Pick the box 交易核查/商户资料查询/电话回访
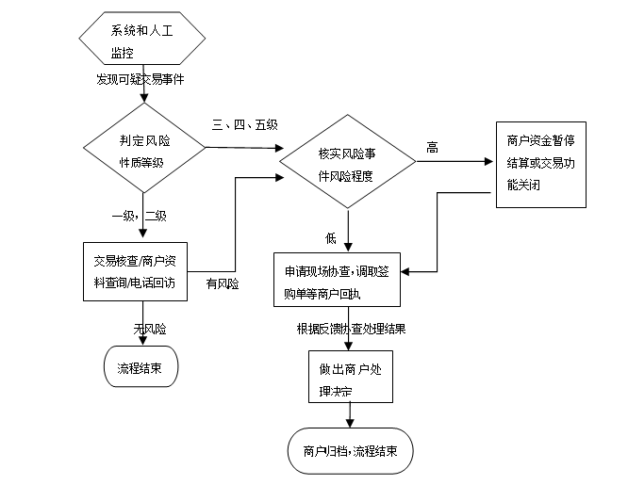coord(141,272)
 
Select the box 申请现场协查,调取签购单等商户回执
coord(337,280)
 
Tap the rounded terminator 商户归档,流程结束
coord(350,451)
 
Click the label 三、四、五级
coord(244,125)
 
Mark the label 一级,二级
coord(139,216)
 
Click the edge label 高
coord(432,148)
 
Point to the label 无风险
coord(149,329)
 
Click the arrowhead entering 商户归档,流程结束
coord(350,427)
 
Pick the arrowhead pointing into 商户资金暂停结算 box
coord(491,160)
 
